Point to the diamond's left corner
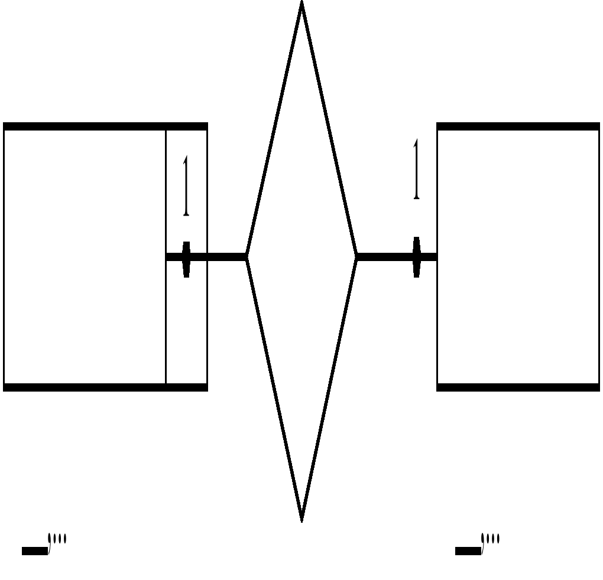tap(247, 256)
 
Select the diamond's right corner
tap(356, 256)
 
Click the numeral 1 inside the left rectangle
tap(186, 185)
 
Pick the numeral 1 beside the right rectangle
tap(416, 170)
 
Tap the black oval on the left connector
tap(186, 259)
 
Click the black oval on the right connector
tap(416, 256)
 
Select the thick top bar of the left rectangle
tap(105, 126)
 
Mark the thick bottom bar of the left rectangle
tap(105, 387)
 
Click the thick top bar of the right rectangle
tap(518, 126)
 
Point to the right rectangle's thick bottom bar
tap(518, 387)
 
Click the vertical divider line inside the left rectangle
tap(166, 319)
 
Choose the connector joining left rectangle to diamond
tap(225, 256)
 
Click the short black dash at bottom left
tap(34, 551)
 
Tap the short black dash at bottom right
tap(468, 551)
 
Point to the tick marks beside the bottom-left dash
tap(58, 540)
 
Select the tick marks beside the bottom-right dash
tap(491, 540)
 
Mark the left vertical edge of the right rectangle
tap(437, 319)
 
